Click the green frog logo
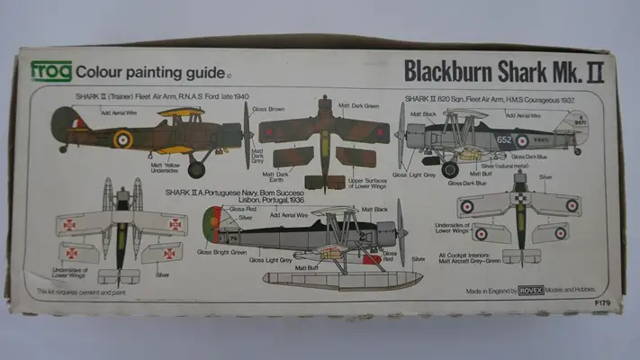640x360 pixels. tap(51, 71)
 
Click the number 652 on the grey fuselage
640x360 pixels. tap(503, 140)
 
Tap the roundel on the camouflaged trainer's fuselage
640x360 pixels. tap(122, 139)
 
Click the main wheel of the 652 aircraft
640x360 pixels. tap(450, 169)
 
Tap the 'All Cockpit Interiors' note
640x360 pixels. tap(468, 256)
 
